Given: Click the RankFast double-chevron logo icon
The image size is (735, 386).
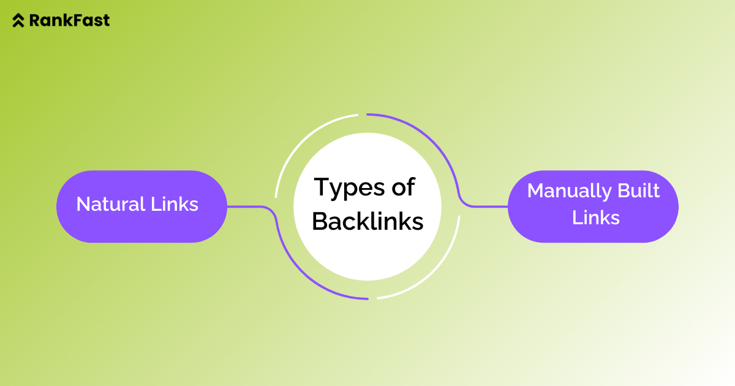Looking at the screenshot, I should (19, 20).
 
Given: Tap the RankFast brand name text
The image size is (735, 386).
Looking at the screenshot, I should (69, 20).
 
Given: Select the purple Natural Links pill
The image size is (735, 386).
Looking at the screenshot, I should (141, 206).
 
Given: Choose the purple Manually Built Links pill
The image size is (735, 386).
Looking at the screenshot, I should (593, 206).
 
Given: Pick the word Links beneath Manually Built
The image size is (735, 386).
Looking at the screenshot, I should (596, 218).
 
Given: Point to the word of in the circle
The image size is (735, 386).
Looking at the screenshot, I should (404, 186).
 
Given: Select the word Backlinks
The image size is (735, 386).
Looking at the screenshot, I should (367, 221).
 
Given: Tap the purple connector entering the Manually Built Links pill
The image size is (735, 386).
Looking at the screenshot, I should (487, 206).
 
